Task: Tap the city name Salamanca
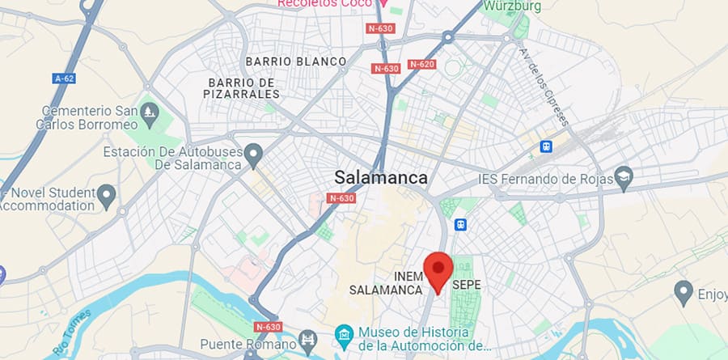(x=381, y=177)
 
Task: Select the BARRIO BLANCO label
(x=295, y=61)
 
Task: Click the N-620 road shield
(x=422, y=64)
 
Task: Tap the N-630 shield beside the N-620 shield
(x=386, y=68)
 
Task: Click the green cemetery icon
(x=148, y=110)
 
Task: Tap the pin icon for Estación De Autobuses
(x=253, y=152)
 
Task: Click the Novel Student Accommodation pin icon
(x=107, y=194)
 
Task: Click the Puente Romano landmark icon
(x=307, y=338)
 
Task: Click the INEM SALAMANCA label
(x=387, y=282)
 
